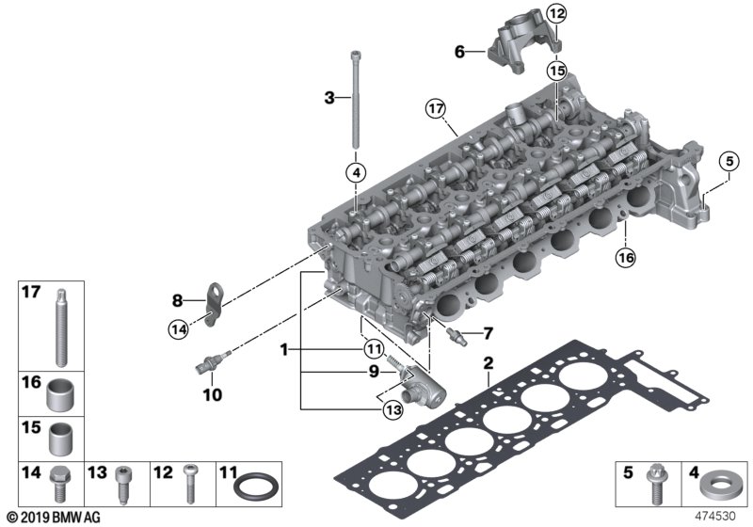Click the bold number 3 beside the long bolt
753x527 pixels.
(x=328, y=97)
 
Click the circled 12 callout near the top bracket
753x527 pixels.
(x=557, y=13)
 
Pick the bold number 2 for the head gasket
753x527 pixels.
(x=488, y=363)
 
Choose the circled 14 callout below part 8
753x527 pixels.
(x=179, y=328)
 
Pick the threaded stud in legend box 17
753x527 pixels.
(x=60, y=328)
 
